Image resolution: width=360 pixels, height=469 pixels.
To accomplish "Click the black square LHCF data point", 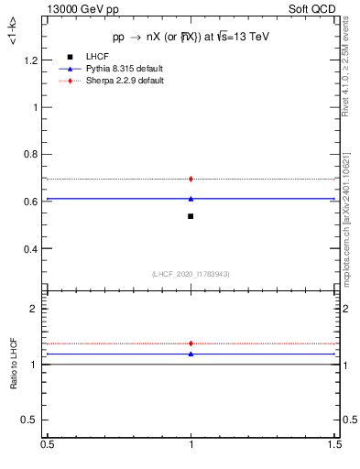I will tap(191, 216).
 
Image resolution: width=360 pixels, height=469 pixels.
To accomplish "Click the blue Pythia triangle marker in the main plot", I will tap(191, 198).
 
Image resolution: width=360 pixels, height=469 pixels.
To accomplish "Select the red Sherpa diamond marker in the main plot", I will tap(191, 179).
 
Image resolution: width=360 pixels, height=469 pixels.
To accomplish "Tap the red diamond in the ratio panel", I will tap(191, 344).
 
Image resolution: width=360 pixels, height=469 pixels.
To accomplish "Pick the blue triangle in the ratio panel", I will tap(191, 354).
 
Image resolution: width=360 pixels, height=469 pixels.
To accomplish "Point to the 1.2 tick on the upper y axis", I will tap(32, 60).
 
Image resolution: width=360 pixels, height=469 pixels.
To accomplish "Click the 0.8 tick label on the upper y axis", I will tap(32, 155).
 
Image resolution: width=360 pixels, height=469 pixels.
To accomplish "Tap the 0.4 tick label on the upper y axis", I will tap(32, 249).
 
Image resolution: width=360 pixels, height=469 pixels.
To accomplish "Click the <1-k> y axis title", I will tap(12, 37).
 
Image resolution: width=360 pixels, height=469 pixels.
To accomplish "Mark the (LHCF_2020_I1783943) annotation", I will tap(191, 274).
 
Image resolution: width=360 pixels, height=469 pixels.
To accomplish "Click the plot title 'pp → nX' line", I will tap(191, 37).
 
